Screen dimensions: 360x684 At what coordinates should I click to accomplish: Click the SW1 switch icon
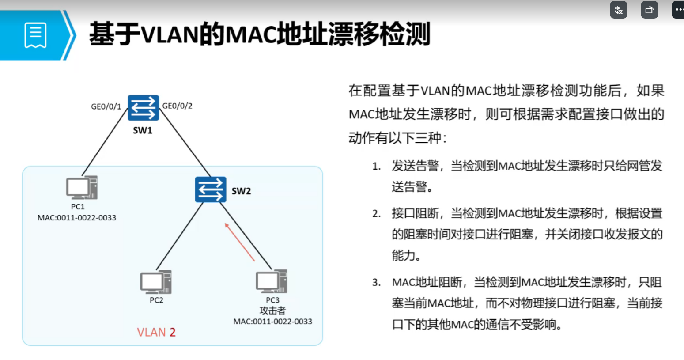coord(143,108)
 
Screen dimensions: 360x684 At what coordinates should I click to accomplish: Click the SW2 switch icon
coord(211,189)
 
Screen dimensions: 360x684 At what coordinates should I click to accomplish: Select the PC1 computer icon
coord(82,188)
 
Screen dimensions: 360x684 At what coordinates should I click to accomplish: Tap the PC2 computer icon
coord(156,282)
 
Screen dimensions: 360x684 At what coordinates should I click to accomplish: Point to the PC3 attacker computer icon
coord(272,281)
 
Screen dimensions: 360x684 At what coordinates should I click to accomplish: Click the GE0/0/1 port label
coord(106,106)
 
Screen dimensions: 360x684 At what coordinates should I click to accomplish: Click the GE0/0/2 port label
coord(177,106)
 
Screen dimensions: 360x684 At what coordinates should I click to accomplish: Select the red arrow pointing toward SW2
coord(240,242)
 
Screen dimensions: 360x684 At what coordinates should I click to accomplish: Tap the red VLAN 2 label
coord(156,332)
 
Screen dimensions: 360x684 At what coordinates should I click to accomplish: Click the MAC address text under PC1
coord(77,218)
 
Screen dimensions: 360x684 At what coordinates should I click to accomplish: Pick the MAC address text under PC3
coord(272,322)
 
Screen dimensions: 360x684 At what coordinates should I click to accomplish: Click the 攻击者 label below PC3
coord(272,311)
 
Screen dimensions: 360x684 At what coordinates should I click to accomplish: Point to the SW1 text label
coord(143,130)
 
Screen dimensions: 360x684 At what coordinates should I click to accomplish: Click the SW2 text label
coord(241,191)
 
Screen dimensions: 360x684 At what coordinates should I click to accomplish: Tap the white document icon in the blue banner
coord(35,35)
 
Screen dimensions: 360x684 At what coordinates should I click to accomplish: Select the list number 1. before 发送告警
coord(376,167)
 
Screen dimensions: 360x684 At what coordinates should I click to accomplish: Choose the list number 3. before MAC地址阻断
coord(376,283)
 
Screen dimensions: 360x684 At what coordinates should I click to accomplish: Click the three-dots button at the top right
coord(678,9)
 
